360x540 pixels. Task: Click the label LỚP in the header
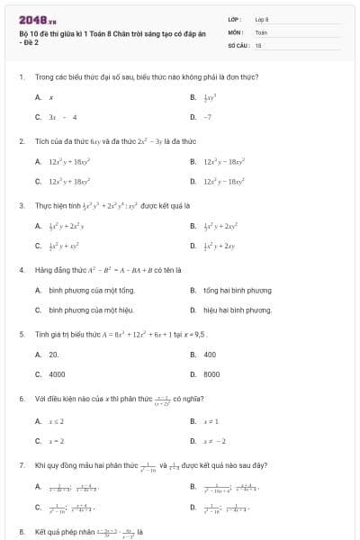(x=234, y=19)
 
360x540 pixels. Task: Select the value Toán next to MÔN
(x=261, y=31)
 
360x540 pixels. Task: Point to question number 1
(x=21, y=77)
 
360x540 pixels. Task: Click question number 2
(x=21, y=141)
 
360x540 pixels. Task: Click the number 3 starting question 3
(x=21, y=205)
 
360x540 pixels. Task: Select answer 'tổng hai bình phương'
(x=236, y=290)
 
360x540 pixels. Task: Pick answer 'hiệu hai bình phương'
(x=237, y=310)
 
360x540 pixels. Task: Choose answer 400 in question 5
(x=210, y=354)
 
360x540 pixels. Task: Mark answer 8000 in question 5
(x=211, y=374)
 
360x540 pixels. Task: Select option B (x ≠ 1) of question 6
(x=211, y=420)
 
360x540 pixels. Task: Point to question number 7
(x=21, y=465)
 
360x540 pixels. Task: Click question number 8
(x=21, y=531)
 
